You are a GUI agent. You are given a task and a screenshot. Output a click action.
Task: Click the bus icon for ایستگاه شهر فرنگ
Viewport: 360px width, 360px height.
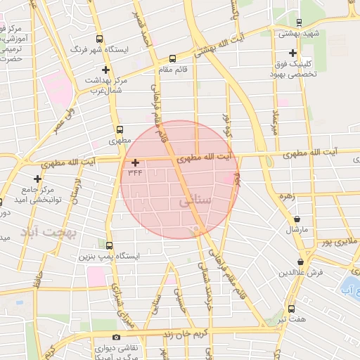coord(99,39)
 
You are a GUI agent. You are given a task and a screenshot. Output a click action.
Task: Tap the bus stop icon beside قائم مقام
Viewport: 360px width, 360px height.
coord(173,58)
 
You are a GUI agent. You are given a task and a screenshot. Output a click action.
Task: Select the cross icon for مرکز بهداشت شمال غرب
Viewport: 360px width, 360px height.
coord(105,70)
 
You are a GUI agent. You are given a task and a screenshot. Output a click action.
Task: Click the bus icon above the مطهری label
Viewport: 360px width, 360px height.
coord(120,129)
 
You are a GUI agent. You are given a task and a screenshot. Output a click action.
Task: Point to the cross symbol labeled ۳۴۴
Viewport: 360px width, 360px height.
coord(136,162)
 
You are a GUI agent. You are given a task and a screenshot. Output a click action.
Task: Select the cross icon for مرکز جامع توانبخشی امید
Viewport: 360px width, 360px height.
coord(37,179)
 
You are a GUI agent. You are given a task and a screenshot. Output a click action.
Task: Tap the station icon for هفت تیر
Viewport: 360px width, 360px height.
coord(291,308)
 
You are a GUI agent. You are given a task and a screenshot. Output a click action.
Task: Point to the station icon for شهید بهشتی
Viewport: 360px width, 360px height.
coord(299,22)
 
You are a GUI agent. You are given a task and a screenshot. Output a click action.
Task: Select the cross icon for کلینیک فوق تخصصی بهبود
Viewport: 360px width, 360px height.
coord(292,53)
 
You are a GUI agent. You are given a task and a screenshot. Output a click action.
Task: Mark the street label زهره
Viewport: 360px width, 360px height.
coord(285,198)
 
